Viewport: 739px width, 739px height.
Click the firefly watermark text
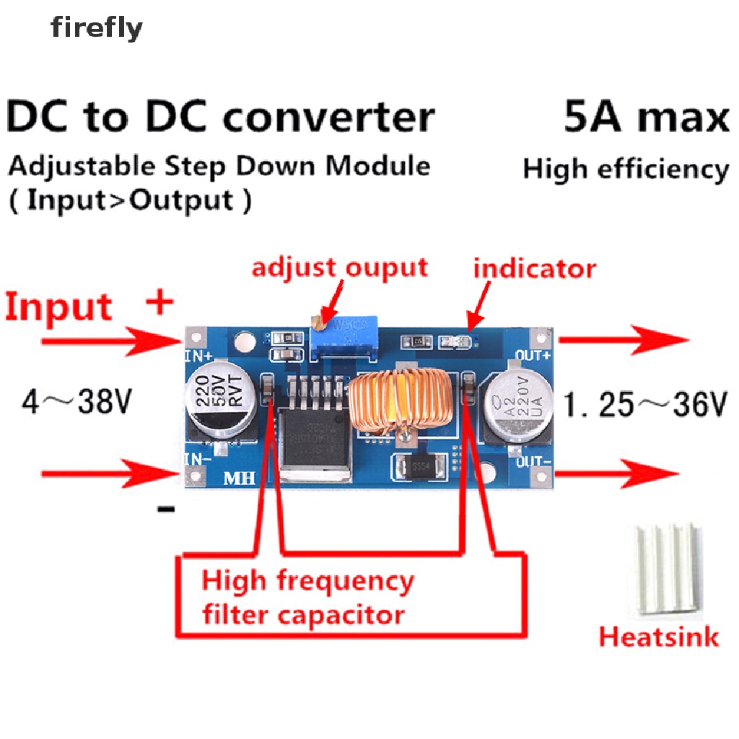(x=97, y=29)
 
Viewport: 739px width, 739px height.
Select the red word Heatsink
(x=659, y=637)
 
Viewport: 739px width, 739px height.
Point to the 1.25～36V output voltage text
(x=644, y=406)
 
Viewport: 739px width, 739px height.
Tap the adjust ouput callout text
(x=339, y=268)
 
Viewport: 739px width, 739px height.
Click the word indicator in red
(x=534, y=268)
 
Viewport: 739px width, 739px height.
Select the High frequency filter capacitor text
(x=308, y=598)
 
